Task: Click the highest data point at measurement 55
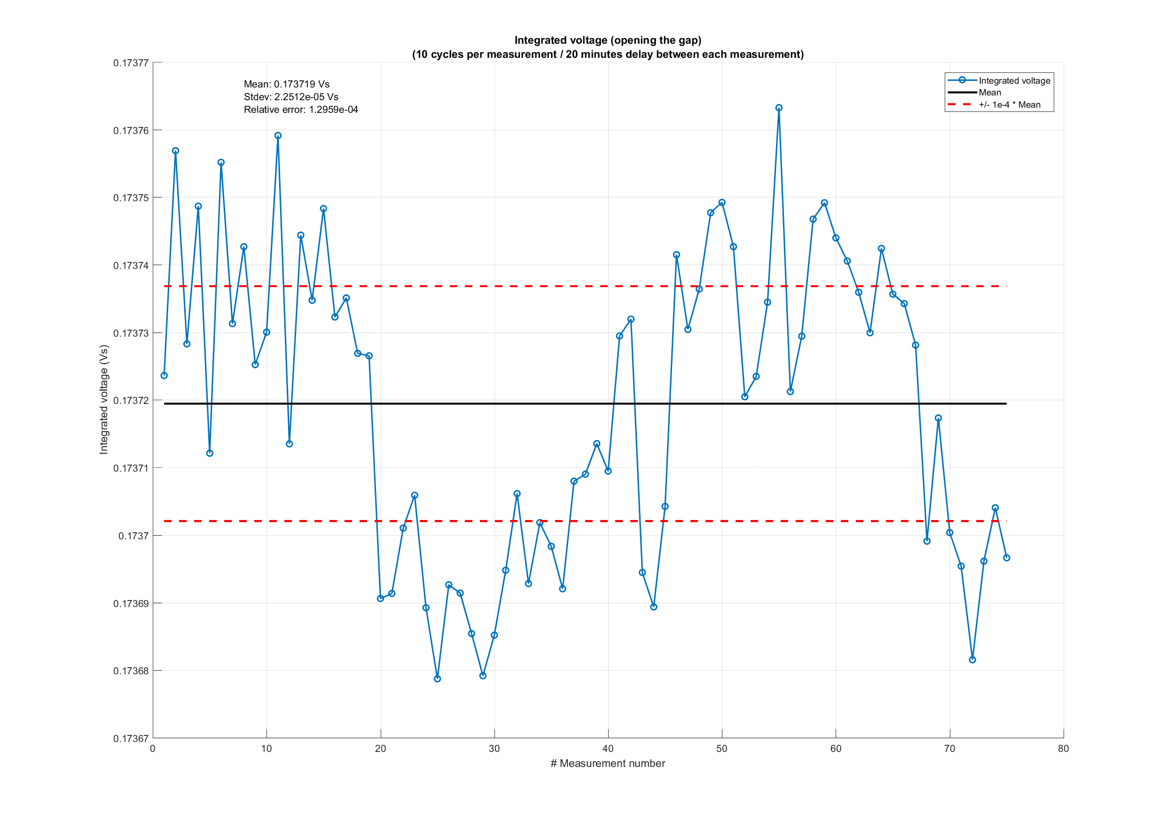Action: click(778, 108)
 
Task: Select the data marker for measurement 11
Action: click(278, 136)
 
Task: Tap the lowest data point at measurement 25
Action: click(437, 679)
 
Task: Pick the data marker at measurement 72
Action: click(972, 660)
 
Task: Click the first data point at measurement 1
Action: click(164, 375)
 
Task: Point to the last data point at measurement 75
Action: click(1006, 558)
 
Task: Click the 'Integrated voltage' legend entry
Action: click(1014, 81)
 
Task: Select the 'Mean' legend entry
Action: click(990, 93)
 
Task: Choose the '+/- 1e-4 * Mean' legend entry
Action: click(1009, 105)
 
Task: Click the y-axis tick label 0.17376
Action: click(131, 131)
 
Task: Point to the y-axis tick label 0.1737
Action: click(133, 536)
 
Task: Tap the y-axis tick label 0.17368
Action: click(131, 671)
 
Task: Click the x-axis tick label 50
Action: click(721, 749)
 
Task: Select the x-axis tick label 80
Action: click(1063, 749)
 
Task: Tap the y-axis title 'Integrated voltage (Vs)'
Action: click(104, 399)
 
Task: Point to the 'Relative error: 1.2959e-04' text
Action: click(300, 110)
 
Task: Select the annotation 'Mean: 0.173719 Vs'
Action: click(286, 84)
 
